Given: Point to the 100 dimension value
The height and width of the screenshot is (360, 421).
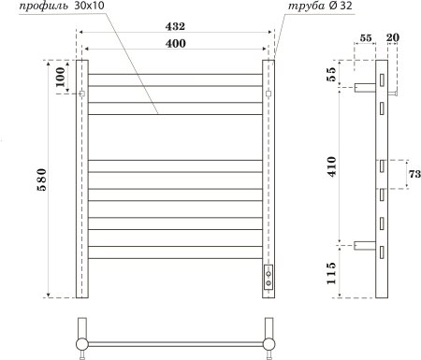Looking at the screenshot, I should point(61,79).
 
